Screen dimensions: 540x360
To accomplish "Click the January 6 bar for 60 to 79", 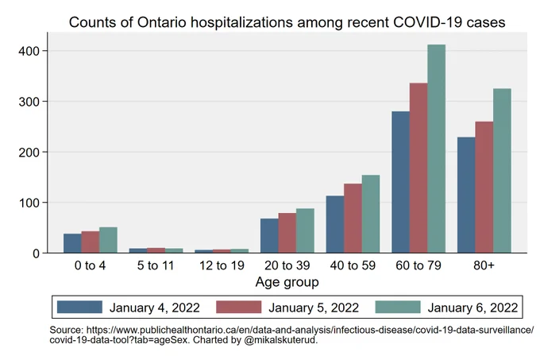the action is point(436,149).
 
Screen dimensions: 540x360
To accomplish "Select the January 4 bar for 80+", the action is point(466,195).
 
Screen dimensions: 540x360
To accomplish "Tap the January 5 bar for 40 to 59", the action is point(353,218).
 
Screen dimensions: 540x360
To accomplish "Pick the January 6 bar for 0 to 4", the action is point(108,240).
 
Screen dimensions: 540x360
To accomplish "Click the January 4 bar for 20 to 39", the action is point(269,236).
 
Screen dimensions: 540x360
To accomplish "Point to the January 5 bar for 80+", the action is point(484,187).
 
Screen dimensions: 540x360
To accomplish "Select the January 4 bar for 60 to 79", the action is point(400,182).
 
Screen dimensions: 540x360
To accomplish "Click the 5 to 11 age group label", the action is point(156,265).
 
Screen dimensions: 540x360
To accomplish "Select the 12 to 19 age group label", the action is point(222,265).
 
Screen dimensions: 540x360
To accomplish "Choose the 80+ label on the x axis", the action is point(484,265).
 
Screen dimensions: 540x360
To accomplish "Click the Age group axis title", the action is point(287,282).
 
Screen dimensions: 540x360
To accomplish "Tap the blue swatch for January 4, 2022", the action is point(79,307).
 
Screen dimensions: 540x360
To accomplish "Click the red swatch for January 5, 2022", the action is point(239,307).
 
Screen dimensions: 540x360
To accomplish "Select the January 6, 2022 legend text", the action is point(472,308).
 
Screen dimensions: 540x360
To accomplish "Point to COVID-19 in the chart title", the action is point(428,22).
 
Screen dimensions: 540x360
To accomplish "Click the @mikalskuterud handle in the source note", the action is point(280,340).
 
